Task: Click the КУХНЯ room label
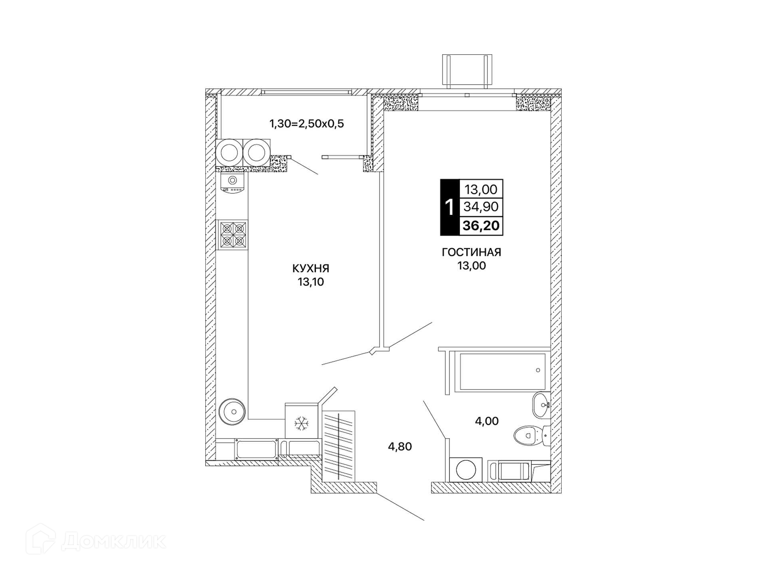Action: [x=311, y=268]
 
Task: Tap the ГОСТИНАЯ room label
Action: [x=471, y=252]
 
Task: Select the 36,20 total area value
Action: [x=481, y=226]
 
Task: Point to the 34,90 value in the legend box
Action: [x=481, y=207]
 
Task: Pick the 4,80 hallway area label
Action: [x=400, y=446]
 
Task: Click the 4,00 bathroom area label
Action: [x=487, y=421]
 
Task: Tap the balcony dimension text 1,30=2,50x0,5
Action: [x=307, y=124]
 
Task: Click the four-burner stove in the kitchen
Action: [x=232, y=235]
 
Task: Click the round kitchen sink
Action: [x=232, y=410]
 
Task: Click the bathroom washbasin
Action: [x=542, y=405]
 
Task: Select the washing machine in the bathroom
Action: [x=465, y=470]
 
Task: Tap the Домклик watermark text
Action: [x=114, y=542]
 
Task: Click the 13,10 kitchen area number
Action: [x=311, y=282]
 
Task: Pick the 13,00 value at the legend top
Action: [x=481, y=189]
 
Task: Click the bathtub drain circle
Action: [x=538, y=370]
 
